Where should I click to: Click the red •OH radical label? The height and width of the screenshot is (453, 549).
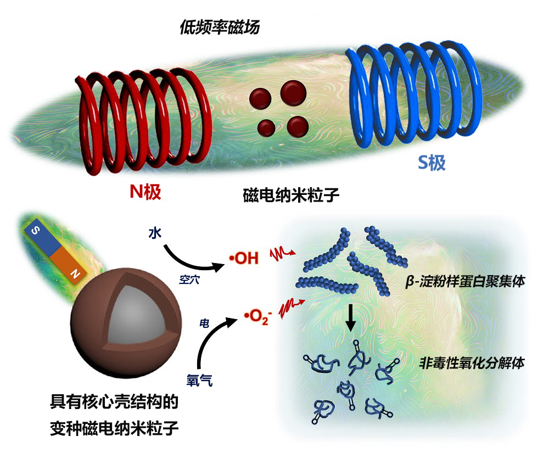pyautogui.click(x=243, y=258)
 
